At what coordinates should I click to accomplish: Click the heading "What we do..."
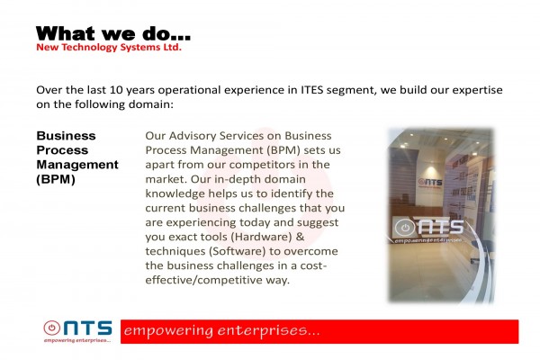113,34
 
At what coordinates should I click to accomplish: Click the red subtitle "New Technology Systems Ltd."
109,47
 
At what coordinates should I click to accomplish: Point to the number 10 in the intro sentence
116,90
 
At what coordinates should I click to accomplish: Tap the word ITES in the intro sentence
312,90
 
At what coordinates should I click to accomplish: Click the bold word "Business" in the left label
66,136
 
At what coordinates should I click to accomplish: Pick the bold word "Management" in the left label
77,165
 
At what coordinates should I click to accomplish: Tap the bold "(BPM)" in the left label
56,179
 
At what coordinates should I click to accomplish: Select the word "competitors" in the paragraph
262,165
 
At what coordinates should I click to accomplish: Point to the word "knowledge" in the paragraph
175,194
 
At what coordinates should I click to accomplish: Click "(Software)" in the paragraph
237,251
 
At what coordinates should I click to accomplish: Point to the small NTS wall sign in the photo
430,182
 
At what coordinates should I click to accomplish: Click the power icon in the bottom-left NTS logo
51,328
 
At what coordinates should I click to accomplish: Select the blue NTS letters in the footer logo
88,328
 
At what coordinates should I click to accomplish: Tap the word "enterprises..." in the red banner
269,331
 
